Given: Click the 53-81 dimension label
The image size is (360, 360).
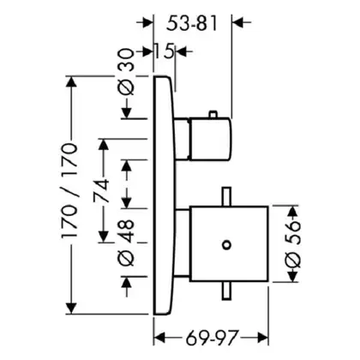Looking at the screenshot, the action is point(192,23).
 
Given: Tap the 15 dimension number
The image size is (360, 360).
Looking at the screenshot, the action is point(164,51).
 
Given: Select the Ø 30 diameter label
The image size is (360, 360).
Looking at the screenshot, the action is point(126,72).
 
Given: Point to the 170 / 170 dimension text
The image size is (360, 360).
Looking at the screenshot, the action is point(69,190).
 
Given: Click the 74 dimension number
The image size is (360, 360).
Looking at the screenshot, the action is point(102,190).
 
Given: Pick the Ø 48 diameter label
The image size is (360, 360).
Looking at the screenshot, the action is point(126,243).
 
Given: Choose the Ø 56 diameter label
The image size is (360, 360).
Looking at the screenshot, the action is point(293,244).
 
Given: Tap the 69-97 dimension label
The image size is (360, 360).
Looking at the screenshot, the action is point(212,338).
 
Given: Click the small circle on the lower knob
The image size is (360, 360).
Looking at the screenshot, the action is point(226,245).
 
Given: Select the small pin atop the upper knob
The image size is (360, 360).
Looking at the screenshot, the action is point(213,114).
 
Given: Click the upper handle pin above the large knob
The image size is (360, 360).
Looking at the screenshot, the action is point(226,196).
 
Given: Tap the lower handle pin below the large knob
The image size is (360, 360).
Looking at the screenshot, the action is point(226,291).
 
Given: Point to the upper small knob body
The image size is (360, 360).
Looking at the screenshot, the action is point(209,139).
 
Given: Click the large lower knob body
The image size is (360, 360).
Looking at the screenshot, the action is point(229,243).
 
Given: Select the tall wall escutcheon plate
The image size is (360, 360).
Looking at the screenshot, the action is point(164,195).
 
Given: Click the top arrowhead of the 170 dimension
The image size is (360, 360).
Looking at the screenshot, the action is point(71,82).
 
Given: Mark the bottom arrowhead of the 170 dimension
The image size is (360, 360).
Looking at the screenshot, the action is point(71,309).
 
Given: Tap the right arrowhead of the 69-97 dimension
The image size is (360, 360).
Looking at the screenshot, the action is point(263,338).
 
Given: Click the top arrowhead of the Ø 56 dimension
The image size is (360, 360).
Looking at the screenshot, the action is point(292,212).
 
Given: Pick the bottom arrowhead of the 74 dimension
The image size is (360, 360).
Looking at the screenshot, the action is point(103,237).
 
